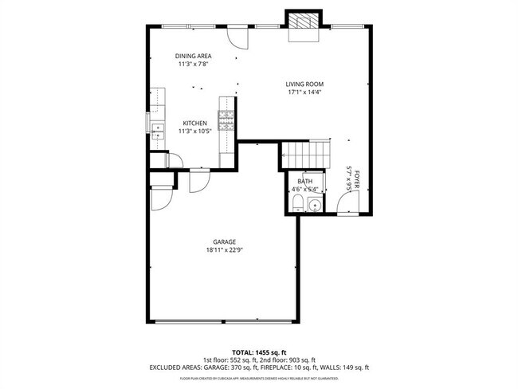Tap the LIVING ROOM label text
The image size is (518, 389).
tap(304, 84)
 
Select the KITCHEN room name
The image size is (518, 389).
tap(194, 123)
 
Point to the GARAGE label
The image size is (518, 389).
tap(223, 242)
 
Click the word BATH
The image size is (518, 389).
tap(304, 182)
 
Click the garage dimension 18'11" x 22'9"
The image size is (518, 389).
tap(223, 250)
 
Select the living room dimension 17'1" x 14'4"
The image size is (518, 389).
tap(304, 92)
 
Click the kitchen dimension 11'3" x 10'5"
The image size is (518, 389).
tap(194, 131)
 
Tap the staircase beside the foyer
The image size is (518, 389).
tap(304, 151)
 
